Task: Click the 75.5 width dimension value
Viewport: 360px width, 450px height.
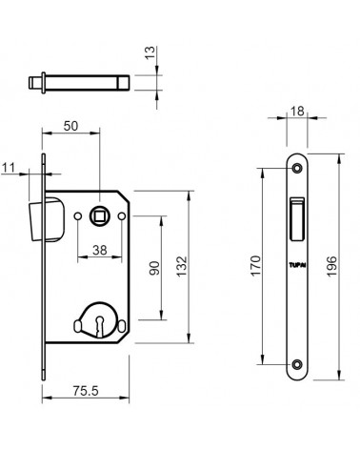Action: (86, 391)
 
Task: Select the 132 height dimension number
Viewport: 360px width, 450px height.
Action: (182, 266)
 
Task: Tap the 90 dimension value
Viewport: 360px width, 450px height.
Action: (154, 268)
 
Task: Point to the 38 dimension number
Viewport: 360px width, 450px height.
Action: (100, 250)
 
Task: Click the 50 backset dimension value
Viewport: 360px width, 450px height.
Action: (70, 126)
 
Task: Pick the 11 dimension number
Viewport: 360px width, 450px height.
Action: (9, 167)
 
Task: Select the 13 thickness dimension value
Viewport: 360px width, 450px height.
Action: (150, 52)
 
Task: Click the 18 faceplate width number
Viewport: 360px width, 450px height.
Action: (297, 112)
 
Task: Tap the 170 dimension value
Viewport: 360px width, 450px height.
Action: (256, 266)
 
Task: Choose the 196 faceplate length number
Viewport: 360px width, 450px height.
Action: (331, 266)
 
